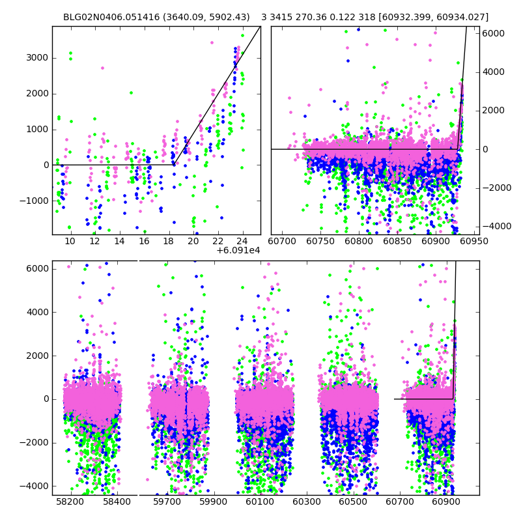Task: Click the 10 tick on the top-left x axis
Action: (x=70, y=241)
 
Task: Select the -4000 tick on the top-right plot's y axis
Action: (x=496, y=226)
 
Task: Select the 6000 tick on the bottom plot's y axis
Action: (x=38, y=269)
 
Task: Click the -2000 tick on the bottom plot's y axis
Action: (x=36, y=443)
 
